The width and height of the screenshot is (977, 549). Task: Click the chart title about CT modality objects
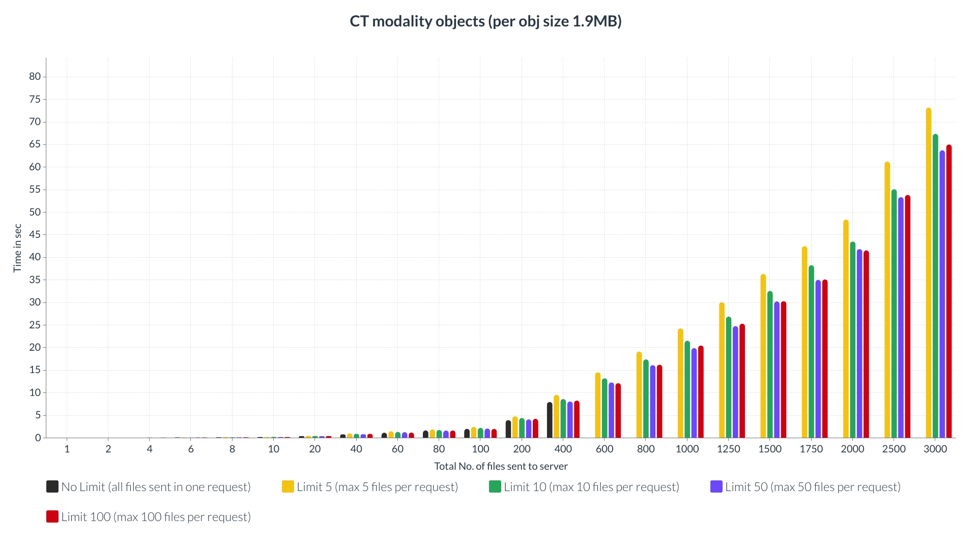tap(485, 21)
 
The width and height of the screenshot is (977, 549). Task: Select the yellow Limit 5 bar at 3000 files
tap(928, 272)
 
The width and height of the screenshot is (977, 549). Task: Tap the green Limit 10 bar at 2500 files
tap(894, 314)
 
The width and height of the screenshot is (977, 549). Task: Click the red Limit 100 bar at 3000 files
tap(949, 291)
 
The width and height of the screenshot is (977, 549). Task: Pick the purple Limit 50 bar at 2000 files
tap(859, 344)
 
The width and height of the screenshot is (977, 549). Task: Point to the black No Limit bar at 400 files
tap(550, 420)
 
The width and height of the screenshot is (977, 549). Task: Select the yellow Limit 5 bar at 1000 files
tap(680, 383)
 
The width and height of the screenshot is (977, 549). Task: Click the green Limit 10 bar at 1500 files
tap(770, 364)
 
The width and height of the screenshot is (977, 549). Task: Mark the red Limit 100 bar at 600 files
tap(618, 411)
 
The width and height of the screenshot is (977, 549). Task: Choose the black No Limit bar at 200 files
tap(508, 429)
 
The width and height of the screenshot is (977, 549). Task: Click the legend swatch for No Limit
tap(52, 486)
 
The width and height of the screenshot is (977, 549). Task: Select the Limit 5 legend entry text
tap(377, 487)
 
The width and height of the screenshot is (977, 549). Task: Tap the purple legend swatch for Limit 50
tap(716, 486)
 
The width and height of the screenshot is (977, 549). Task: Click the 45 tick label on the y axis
tap(35, 235)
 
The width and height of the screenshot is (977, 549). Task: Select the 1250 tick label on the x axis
tap(728, 449)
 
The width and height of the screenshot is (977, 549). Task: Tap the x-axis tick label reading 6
tap(191, 449)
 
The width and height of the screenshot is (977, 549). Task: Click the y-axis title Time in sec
tap(17, 248)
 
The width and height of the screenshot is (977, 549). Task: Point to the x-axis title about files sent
tap(501, 466)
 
